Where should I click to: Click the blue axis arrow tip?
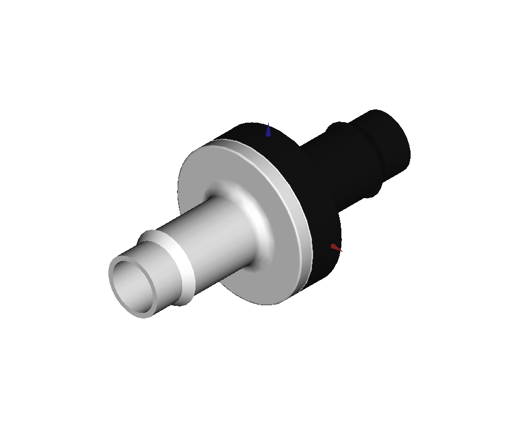click(268, 130)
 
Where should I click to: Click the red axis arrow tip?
click(335, 248)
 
